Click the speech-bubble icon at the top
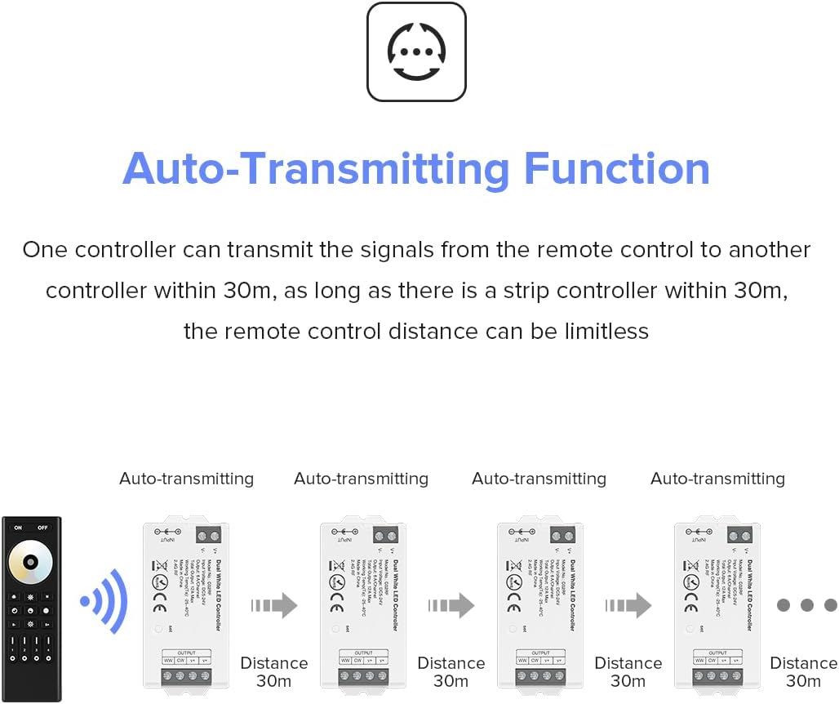(x=416, y=52)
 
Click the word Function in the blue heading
(x=616, y=168)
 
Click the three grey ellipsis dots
(x=806, y=605)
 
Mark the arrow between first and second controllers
(x=274, y=605)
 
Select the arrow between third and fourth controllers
(x=628, y=605)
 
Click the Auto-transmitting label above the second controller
(x=361, y=479)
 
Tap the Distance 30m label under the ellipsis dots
(x=803, y=671)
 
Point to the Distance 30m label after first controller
(x=274, y=671)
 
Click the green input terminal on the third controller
(x=562, y=537)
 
